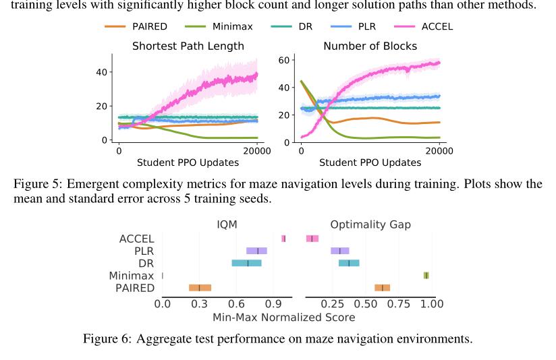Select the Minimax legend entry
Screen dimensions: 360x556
223,28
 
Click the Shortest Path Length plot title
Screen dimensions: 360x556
188,47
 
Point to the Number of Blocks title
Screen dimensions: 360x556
370,47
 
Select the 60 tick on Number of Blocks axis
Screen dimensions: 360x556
284,60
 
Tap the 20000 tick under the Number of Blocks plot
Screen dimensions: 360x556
439,151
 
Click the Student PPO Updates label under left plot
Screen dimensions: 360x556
188,162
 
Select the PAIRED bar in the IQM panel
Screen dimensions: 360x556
200,288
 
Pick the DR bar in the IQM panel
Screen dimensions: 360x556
246,263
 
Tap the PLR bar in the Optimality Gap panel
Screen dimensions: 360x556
339,251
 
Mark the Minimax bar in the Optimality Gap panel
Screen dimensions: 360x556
426,275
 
